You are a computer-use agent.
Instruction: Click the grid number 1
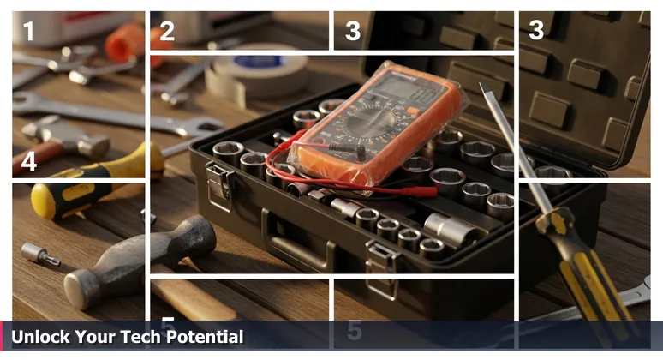click(29, 33)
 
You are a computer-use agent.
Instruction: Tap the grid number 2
click(167, 33)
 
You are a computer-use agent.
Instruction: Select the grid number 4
click(29, 161)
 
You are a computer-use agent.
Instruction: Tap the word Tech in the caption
click(125, 337)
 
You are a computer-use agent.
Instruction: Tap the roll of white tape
click(257, 75)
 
